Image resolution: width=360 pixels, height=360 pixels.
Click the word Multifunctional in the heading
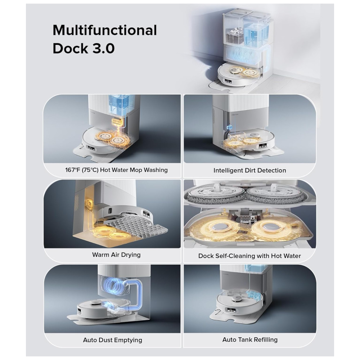105,30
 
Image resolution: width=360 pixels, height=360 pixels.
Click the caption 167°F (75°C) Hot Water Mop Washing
116,170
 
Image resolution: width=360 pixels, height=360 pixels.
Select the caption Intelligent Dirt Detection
250,171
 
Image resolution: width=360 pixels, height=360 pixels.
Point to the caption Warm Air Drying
116,255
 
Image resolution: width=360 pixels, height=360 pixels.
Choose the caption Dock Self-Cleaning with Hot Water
249,256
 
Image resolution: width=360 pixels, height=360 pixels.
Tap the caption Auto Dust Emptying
112,340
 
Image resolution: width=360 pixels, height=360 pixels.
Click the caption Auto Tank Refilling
250,339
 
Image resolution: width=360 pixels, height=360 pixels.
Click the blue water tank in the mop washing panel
119,105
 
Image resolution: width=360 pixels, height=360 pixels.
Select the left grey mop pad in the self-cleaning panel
216,195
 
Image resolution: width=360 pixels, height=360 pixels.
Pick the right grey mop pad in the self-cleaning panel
275,195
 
